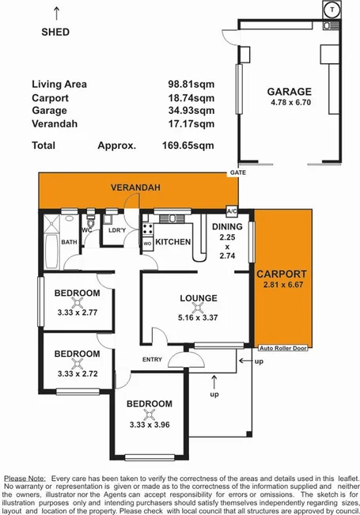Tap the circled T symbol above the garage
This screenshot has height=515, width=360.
coord(333,9)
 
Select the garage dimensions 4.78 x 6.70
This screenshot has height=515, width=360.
coord(289,101)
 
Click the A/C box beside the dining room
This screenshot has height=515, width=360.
coord(232,212)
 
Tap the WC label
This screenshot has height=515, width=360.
coord(88,231)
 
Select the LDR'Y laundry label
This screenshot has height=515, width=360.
coord(117,231)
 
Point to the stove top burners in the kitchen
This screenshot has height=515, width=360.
coord(146,232)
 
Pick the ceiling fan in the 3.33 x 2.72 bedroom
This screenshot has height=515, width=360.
coord(77,363)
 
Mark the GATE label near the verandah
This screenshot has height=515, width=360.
coord(236,172)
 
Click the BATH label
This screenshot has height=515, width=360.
coord(69,243)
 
